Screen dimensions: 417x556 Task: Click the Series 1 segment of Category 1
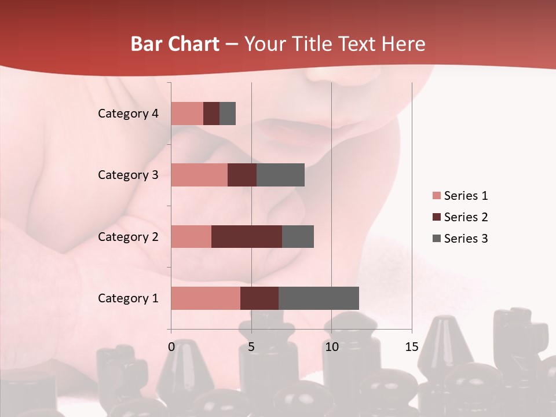click(x=206, y=298)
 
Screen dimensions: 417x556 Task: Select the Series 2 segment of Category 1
click(x=259, y=298)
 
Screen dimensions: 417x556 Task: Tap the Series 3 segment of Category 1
click(x=319, y=298)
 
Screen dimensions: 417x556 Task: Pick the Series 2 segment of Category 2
click(x=247, y=236)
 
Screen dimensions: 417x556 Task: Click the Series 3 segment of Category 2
click(x=298, y=236)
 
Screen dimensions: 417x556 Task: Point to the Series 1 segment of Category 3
click(x=199, y=175)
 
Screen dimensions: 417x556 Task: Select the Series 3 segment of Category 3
click(x=280, y=175)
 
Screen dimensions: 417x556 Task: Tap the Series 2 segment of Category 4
click(x=211, y=114)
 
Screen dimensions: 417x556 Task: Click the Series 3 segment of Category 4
click(x=228, y=114)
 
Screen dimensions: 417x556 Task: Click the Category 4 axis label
click(x=128, y=114)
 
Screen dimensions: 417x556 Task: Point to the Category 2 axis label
click(x=128, y=237)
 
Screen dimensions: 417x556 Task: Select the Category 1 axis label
click(x=128, y=298)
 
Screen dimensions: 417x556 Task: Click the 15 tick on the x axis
click(x=412, y=347)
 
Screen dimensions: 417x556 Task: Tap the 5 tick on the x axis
click(x=251, y=347)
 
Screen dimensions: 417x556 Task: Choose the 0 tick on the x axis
click(x=171, y=347)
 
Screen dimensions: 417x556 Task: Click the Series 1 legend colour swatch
click(x=436, y=196)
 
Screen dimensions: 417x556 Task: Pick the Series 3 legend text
click(x=466, y=239)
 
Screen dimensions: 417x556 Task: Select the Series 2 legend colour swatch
click(x=436, y=217)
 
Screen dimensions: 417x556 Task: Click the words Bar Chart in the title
click(x=175, y=44)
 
